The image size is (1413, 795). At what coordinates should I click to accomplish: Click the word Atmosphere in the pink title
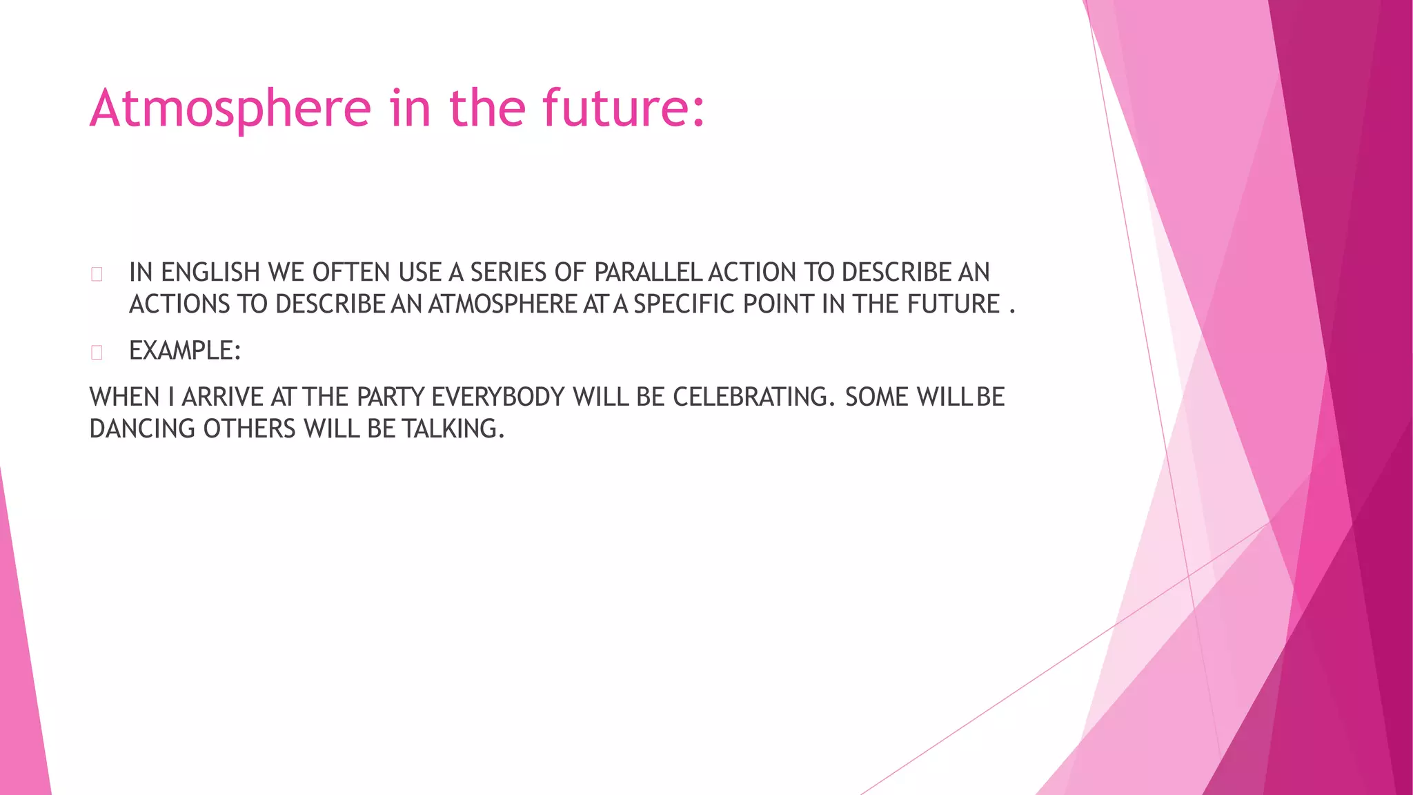[230, 108]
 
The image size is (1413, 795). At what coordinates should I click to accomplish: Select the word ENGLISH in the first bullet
[210, 273]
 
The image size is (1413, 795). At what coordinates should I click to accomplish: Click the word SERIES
[509, 273]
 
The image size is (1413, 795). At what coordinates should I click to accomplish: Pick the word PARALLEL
[648, 273]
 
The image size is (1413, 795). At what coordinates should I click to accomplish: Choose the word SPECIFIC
[684, 304]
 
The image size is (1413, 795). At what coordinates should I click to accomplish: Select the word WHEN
[124, 397]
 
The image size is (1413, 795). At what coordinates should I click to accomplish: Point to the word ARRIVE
[222, 397]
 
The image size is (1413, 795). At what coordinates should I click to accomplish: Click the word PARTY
[390, 397]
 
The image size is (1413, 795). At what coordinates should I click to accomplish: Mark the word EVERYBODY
[497, 397]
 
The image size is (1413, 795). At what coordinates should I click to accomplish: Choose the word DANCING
[142, 429]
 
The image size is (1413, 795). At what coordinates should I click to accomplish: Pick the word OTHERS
[249, 429]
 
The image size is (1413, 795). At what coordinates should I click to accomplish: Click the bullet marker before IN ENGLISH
[97, 274]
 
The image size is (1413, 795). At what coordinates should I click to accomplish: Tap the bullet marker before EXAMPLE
[97, 352]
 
